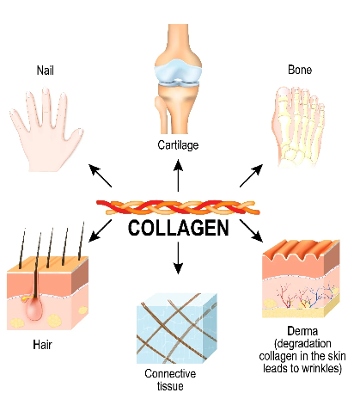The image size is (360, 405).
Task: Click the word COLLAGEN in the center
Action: click(178, 228)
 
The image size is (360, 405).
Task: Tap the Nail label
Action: click(46, 71)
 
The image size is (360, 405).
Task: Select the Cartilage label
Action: click(178, 145)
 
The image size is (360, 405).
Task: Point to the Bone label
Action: click(300, 70)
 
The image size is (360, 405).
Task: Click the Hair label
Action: click(42, 345)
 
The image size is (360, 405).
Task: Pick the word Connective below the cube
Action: click(170, 373)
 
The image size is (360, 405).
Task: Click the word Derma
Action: click(302, 331)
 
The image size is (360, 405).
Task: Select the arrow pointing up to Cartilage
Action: click(178, 175)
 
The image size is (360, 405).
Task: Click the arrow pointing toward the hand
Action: click(100, 175)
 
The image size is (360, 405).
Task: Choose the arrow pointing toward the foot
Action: click(251, 175)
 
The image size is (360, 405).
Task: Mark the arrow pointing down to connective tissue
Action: click(178, 258)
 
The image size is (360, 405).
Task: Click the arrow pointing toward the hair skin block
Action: click(100, 231)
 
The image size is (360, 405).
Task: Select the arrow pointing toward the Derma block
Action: click(251, 231)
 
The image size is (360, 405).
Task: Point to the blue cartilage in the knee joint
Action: click(178, 71)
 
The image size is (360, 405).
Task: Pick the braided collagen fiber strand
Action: click(178, 207)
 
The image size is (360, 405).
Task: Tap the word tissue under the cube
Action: click(170, 386)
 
